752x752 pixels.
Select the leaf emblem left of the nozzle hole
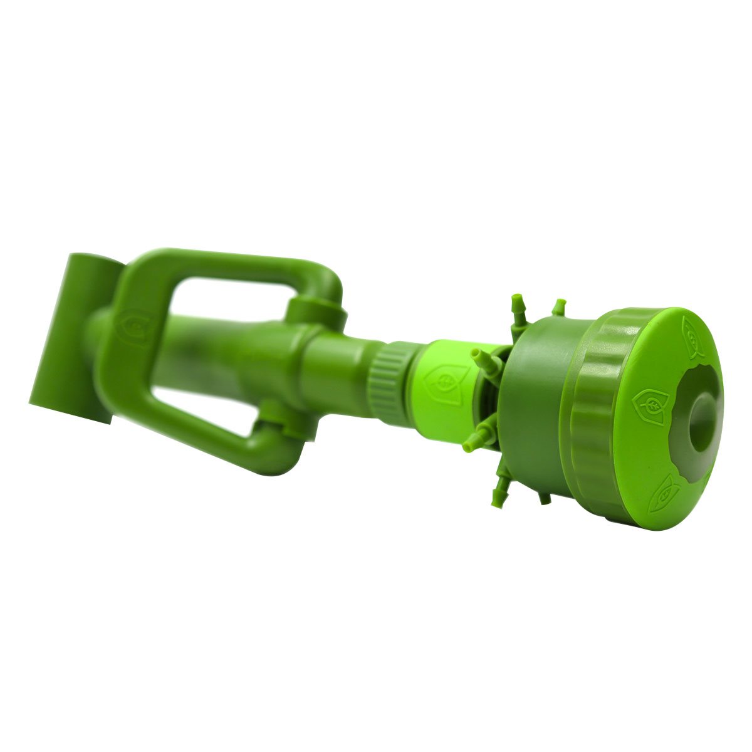click(x=650, y=400)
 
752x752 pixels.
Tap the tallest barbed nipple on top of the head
click(x=518, y=307)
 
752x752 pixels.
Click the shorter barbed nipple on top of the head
click(x=558, y=307)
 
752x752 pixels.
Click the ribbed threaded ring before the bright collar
click(x=389, y=382)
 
